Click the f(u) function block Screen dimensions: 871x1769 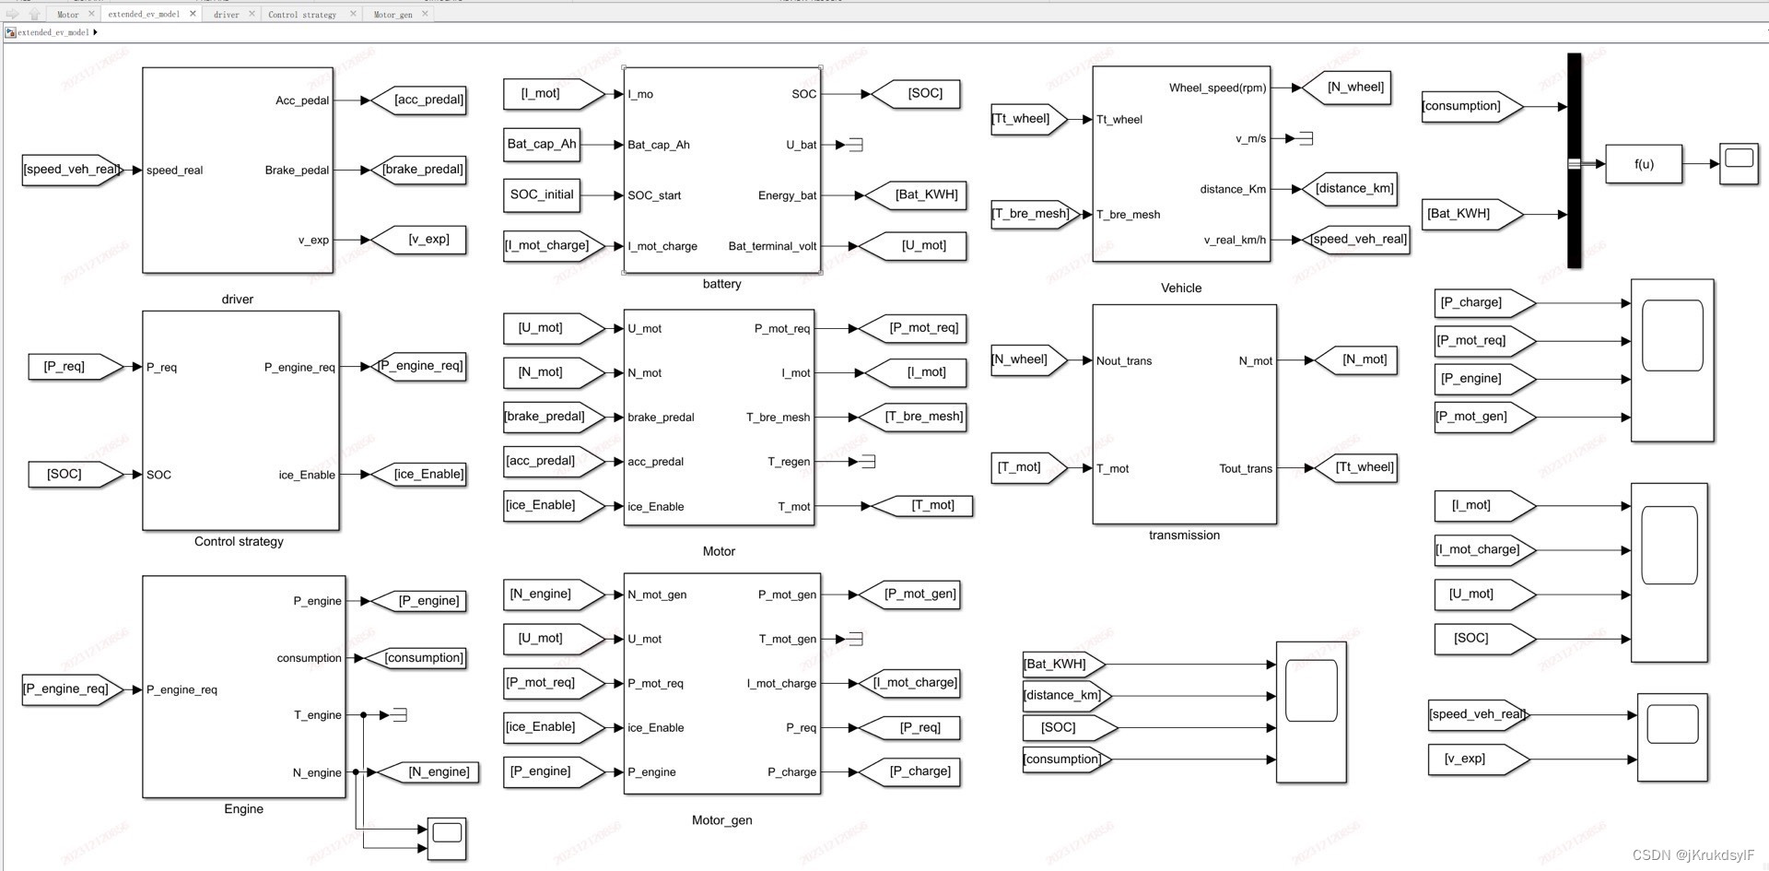[x=1643, y=164]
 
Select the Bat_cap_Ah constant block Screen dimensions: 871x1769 [x=542, y=145]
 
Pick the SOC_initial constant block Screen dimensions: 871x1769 [x=542, y=195]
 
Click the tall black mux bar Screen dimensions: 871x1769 [x=1574, y=160]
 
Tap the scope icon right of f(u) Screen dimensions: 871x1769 [x=1739, y=163]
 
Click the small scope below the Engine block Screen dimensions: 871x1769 [x=447, y=838]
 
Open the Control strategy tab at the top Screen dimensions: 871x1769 [x=302, y=14]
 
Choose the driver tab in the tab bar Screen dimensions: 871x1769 [x=226, y=14]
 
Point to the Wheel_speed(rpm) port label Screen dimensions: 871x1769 [x=1217, y=88]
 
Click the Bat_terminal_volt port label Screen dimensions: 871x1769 [x=772, y=246]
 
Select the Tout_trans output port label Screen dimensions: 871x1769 [x=1245, y=469]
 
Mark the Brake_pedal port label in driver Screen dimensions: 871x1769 [x=297, y=171]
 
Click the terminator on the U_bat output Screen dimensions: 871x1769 [x=855, y=145]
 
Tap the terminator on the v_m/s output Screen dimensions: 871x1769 [x=1305, y=138]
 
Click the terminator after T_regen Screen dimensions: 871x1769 [x=868, y=461]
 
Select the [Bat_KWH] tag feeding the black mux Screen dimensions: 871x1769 [x=1470, y=214]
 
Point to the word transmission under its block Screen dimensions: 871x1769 [x=1184, y=536]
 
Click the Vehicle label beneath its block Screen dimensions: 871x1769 [x=1181, y=288]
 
